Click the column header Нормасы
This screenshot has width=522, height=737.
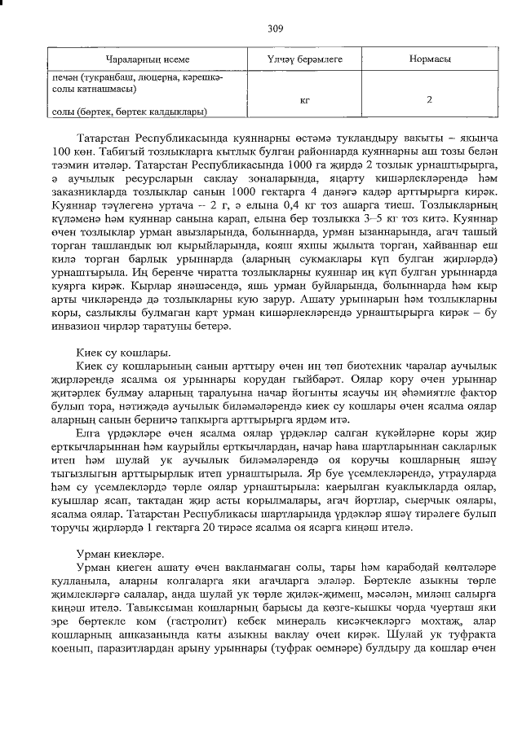click(429, 60)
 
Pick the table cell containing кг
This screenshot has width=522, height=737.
click(303, 99)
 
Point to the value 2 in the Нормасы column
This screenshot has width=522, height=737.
click(429, 99)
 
